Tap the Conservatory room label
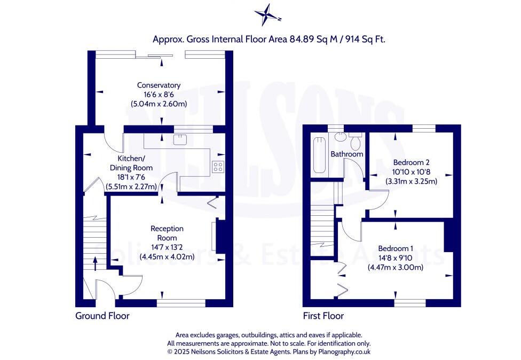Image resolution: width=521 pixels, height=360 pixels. (x=159, y=85)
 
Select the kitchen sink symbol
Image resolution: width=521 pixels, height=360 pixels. (x=180, y=140)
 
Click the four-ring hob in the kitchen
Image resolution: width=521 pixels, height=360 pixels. (x=218, y=166)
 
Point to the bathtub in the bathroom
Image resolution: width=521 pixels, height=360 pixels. (x=319, y=155)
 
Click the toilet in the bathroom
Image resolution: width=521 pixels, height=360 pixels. (x=356, y=142)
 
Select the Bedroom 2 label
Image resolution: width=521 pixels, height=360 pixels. (x=411, y=162)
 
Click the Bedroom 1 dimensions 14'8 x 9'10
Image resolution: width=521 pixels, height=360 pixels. (x=396, y=258)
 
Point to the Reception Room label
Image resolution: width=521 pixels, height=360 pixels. (x=167, y=233)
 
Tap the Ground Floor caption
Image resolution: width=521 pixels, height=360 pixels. (x=102, y=316)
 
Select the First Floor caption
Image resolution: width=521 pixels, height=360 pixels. (x=323, y=316)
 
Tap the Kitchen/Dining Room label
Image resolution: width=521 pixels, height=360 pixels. (x=131, y=163)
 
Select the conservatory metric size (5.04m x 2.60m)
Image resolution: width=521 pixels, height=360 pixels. (x=159, y=104)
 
